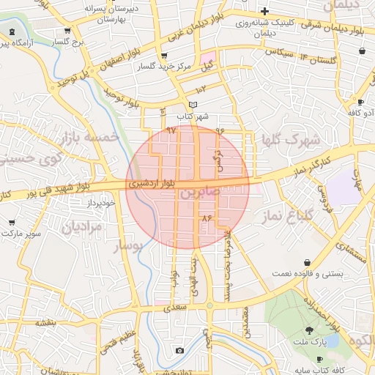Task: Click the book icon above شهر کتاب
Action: pyautogui.click(x=193, y=105)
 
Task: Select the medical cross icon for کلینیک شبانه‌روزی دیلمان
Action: pyautogui.click(x=264, y=11)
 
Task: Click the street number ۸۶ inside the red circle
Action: pyautogui.click(x=207, y=218)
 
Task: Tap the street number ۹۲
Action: pyautogui.click(x=172, y=130)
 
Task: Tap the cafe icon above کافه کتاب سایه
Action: pyautogui.click(x=320, y=358)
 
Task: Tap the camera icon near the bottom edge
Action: pyautogui.click(x=179, y=351)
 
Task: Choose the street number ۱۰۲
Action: pyautogui.click(x=201, y=89)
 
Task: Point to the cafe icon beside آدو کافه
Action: pyautogui.click(x=360, y=103)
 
